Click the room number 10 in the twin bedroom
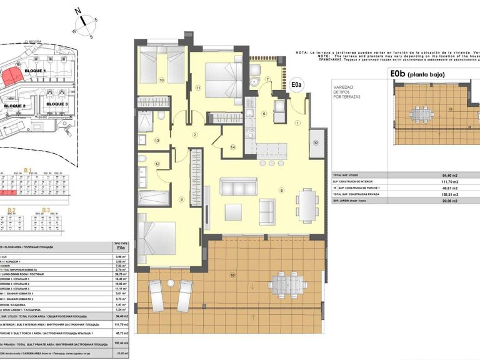coord(162,80)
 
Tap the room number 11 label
coord(198,88)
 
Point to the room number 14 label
coord(232,147)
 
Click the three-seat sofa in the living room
coord(238,186)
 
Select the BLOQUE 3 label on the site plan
coord(57,104)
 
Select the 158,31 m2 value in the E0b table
coord(446,194)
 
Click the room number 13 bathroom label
coord(156,141)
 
